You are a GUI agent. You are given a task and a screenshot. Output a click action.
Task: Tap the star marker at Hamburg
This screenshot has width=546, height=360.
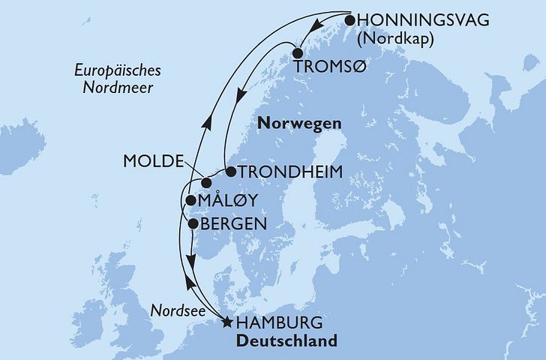226,323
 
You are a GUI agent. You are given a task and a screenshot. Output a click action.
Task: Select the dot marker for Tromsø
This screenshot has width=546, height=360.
298,53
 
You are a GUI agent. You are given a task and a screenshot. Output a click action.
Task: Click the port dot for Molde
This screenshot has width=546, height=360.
206,183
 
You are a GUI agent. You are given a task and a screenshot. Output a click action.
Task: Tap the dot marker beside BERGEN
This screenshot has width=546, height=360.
193,223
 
